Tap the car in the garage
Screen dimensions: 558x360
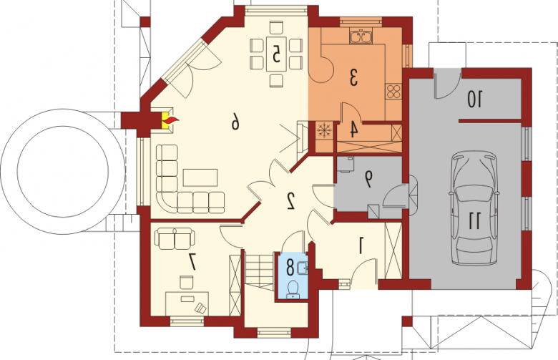coord(474,208)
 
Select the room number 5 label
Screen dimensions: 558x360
coord(276,54)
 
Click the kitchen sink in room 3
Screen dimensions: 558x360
coord(361,37)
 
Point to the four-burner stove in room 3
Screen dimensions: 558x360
coord(393,91)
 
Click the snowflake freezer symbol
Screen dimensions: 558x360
coord(324,130)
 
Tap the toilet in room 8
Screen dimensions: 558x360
coord(293,288)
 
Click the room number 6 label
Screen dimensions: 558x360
coord(235,122)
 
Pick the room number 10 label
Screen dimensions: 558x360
coord(475,99)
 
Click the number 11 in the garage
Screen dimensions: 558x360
coord(475,220)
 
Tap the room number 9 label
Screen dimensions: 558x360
coord(368,179)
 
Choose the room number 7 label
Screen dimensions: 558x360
coord(192,263)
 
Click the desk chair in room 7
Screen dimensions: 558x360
coord(187,283)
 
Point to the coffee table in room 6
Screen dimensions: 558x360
coord(200,177)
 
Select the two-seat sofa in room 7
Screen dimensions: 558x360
coord(175,238)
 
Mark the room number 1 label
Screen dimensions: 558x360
coord(361,246)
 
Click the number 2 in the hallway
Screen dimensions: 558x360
coord(290,201)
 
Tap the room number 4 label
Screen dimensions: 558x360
coord(353,130)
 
